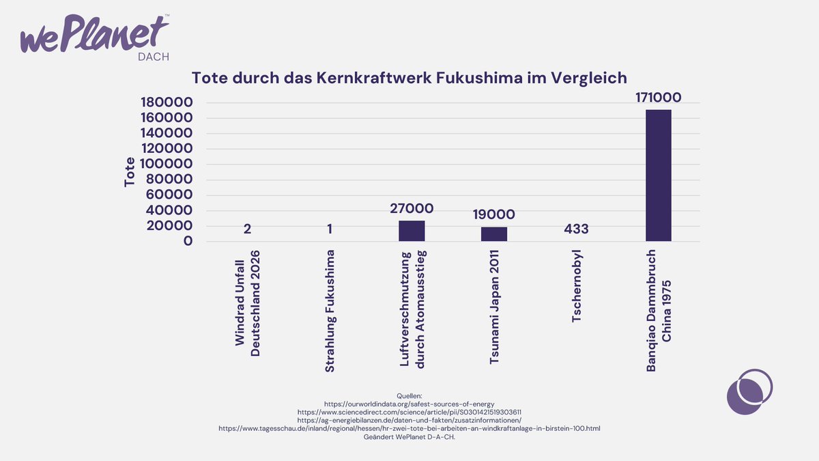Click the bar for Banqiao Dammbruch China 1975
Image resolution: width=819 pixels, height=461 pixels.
[x=658, y=176]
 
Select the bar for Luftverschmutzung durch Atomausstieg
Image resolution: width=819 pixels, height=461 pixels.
[x=412, y=231]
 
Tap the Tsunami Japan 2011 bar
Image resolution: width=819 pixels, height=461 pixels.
[x=494, y=234]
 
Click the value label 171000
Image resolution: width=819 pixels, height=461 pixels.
[x=658, y=98]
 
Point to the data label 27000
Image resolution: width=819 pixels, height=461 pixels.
[x=412, y=208]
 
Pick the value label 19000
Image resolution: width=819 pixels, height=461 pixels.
[x=494, y=214]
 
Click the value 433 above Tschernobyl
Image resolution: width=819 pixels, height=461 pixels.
[x=576, y=229]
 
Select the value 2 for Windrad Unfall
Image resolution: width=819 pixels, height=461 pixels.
[x=247, y=229]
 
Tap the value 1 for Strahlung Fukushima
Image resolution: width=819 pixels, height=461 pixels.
[x=330, y=229]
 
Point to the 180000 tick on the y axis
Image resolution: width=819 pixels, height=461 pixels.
[x=168, y=102]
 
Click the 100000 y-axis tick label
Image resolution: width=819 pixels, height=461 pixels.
[x=168, y=164]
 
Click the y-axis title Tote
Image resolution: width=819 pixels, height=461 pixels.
[x=130, y=172]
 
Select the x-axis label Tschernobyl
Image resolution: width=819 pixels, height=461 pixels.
[x=577, y=287]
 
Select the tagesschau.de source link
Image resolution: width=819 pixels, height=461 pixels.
[x=409, y=428]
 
